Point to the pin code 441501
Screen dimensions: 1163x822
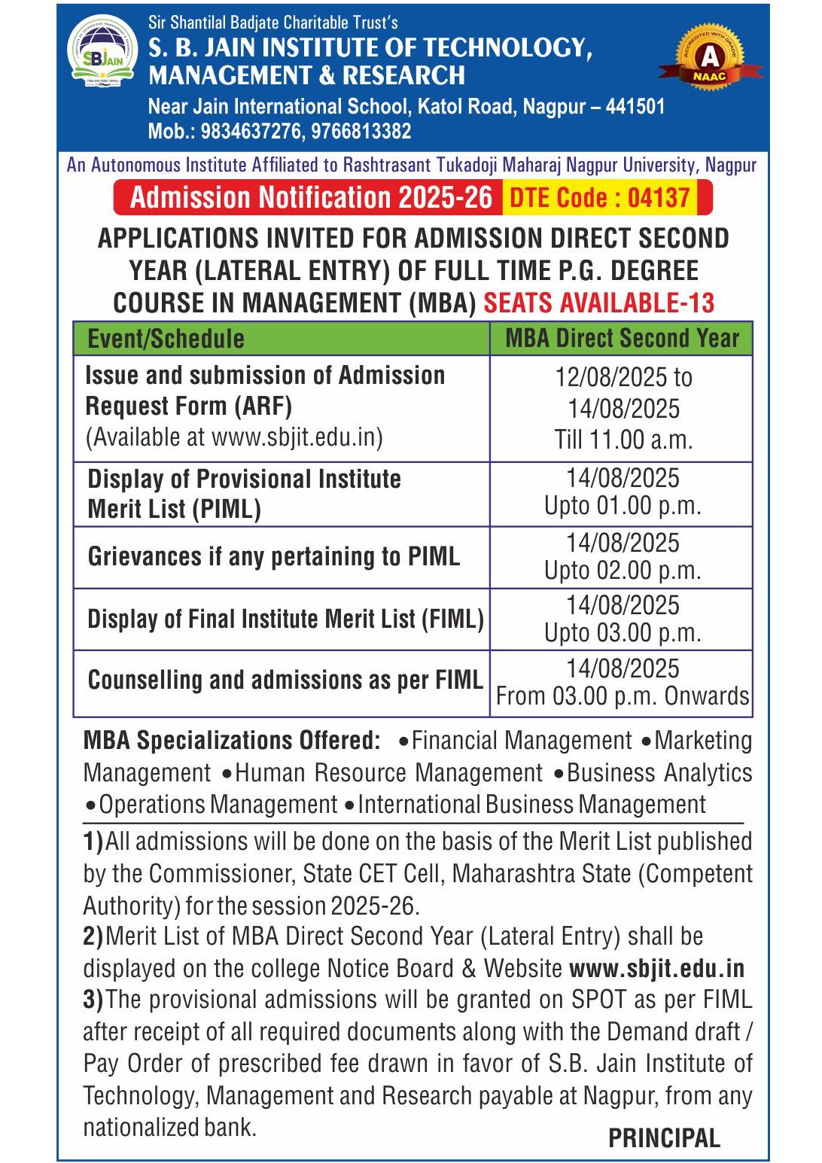coord(635,106)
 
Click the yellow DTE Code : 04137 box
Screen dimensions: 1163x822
coord(600,198)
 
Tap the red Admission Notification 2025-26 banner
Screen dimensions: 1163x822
coord(310,198)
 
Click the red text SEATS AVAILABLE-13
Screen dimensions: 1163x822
coord(598,303)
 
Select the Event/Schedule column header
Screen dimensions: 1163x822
coord(166,339)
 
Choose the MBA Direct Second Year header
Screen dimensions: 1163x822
coord(622,339)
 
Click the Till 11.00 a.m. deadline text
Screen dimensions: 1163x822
coord(623,440)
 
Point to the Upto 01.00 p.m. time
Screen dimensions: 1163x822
coord(623,506)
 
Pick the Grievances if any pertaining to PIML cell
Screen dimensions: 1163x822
coord(274,557)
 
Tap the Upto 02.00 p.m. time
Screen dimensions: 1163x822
coord(623,571)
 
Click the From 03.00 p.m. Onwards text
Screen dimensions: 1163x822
coord(623,696)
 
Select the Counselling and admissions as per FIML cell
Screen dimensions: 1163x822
coord(285,680)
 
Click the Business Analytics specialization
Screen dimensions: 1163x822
coord(659,773)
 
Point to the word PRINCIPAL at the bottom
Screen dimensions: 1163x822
coord(664,1138)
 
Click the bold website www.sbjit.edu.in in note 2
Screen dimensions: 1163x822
coord(656,968)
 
